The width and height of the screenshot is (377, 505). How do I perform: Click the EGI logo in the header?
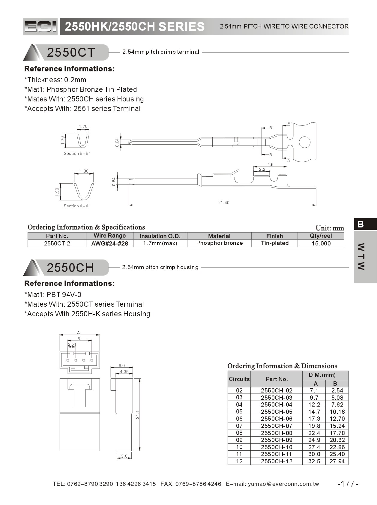pyautogui.click(x=40, y=27)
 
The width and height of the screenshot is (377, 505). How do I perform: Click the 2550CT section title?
pyautogui.click(x=71, y=53)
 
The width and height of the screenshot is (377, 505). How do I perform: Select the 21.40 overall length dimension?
pyautogui.click(x=224, y=203)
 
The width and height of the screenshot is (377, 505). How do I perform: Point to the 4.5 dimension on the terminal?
pyautogui.click(x=270, y=164)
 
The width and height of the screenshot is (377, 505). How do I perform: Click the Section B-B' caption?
pyautogui.click(x=77, y=153)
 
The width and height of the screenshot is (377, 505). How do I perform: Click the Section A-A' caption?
pyautogui.click(x=76, y=206)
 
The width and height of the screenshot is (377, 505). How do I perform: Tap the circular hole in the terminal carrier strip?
pyautogui.click(x=304, y=142)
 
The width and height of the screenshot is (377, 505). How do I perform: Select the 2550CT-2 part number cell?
pyautogui.click(x=57, y=243)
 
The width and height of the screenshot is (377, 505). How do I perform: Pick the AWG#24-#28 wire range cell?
pyautogui.click(x=109, y=243)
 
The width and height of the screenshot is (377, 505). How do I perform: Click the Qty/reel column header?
pyautogui.click(x=321, y=236)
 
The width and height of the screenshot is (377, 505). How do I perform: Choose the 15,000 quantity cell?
pyautogui.click(x=321, y=243)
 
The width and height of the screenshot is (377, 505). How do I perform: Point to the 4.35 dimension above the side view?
pyautogui.click(x=124, y=371)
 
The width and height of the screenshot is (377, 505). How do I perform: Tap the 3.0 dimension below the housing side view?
pyautogui.click(x=124, y=456)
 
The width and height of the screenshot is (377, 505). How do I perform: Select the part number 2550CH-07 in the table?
pyautogui.click(x=276, y=426)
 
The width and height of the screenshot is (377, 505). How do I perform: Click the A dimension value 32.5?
pyautogui.click(x=314, y=461)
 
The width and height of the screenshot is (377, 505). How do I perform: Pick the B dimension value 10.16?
pyautogui.click(x=337, y=412)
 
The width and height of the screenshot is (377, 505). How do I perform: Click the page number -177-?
pyautogui.click(x=348, y=484)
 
